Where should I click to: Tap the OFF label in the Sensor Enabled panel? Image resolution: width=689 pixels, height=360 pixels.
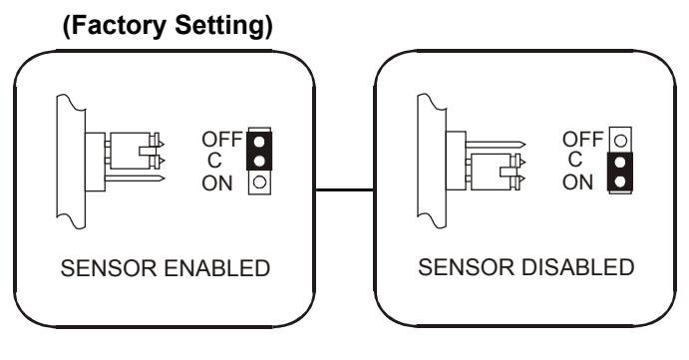click(222, 140)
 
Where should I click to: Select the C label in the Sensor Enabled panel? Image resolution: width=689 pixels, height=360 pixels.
click(214, 161)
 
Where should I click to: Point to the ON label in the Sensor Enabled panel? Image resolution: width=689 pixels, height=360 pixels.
click(217, 183)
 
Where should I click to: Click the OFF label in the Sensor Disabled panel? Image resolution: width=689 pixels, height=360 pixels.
click(582, 140)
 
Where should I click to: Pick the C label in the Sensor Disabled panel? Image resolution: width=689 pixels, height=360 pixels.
click(575, 160)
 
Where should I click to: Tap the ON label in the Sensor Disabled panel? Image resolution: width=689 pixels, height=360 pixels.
click(578, 181)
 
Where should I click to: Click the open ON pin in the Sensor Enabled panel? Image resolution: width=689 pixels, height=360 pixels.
click(259, 181)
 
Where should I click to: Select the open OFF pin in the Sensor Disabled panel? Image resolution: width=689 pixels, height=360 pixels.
click(620, 141)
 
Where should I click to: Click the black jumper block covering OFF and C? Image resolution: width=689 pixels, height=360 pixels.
click(259, 151)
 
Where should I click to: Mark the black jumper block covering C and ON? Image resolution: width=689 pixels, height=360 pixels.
click(620, 172)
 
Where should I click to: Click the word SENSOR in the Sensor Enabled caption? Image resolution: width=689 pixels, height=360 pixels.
click(109, 268)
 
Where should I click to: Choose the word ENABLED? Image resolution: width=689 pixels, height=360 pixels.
click(217, 268)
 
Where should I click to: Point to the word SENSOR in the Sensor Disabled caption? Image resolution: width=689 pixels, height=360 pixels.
click(466, 267)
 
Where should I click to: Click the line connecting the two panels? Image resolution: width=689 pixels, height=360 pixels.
click(345, 189)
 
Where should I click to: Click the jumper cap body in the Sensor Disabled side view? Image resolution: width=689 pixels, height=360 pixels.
click(491, 172)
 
